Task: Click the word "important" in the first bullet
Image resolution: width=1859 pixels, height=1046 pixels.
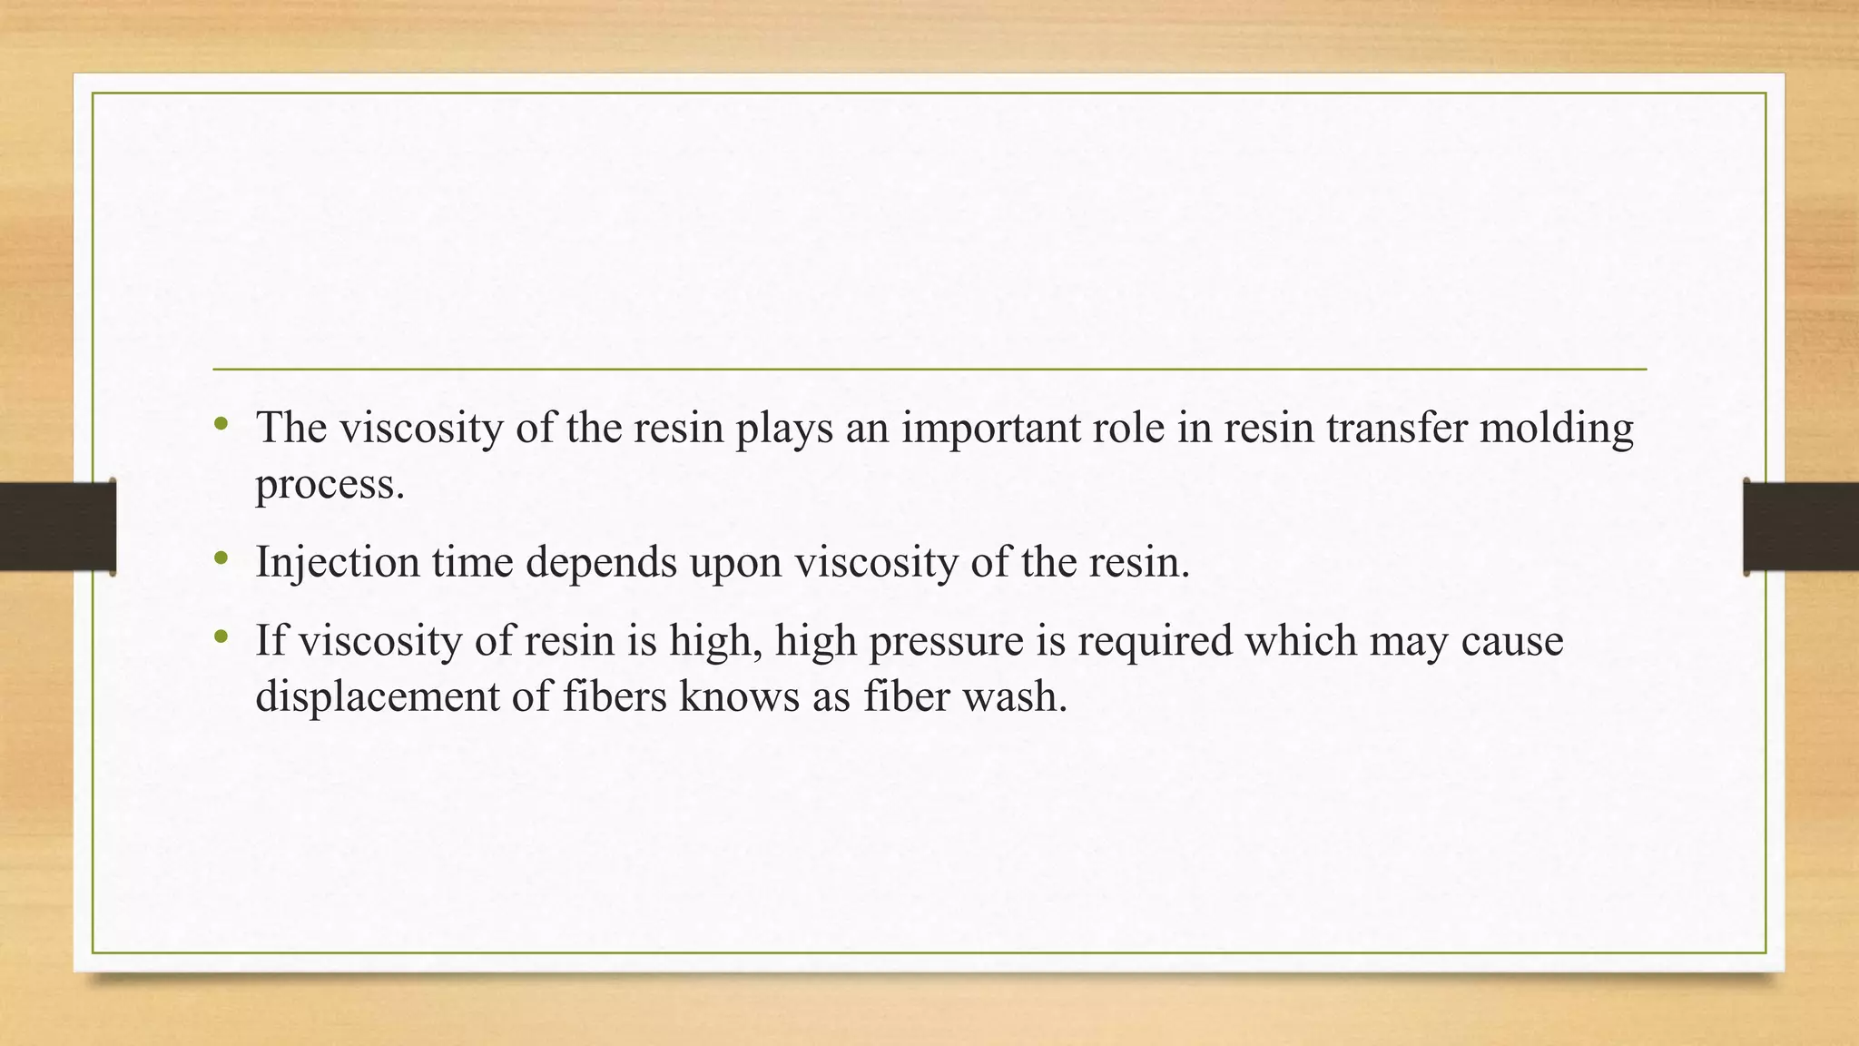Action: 989,428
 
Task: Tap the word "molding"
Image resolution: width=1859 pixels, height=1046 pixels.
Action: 1556,428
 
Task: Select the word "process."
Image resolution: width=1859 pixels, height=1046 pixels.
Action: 330,484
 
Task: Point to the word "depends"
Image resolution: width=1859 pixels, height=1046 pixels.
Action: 601,562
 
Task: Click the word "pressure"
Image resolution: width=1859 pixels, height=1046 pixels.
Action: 967,642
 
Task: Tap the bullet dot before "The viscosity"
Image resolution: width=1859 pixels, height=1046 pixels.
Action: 221,424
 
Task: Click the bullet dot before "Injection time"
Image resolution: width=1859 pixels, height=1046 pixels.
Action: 221,558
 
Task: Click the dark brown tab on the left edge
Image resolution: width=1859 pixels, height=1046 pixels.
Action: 57,527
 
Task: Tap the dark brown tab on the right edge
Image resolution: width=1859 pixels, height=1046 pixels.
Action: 1801,527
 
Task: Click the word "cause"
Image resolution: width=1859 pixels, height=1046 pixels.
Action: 1512,642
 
